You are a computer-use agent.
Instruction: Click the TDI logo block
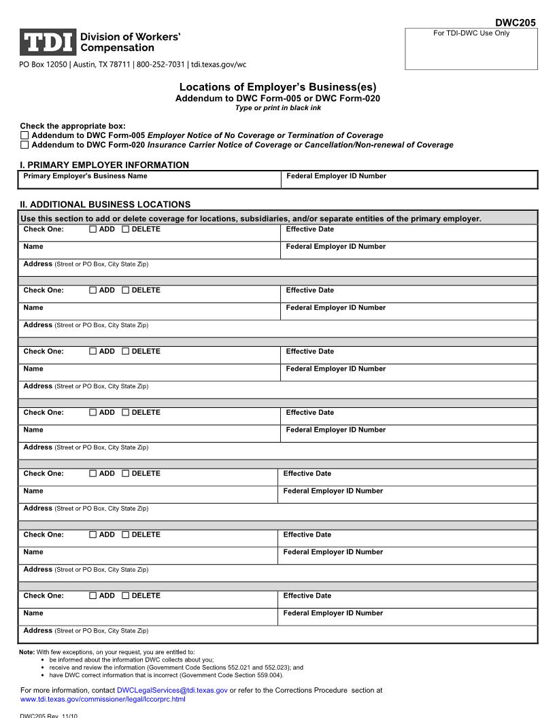click(x=47, y=42)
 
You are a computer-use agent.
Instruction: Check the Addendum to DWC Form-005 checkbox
click(x=25, y=135)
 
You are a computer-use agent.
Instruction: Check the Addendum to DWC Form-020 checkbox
click(x=25, y=145)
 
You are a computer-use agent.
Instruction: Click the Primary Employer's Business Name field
click(x=150, y=180)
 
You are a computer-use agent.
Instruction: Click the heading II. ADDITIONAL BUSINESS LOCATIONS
click(x=105, y=204)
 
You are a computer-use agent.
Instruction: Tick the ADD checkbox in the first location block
click(x=93, y=229)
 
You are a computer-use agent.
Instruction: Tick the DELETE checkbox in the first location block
click(x=125, y=229)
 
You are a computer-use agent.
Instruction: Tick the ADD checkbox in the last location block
click(x=93, y=596)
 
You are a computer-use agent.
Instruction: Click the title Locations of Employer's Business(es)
click(x=277, y=87)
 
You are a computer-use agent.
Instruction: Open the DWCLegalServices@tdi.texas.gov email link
click(x=172, y=690)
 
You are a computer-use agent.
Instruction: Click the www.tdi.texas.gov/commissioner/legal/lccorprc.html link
click(x=103, y=699)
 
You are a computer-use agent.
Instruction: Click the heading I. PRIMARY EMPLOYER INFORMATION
click(x=105, y=165)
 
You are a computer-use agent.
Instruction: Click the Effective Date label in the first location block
click(x=309, y=229)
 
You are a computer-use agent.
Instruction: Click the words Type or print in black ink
click(x=277, y=107)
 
